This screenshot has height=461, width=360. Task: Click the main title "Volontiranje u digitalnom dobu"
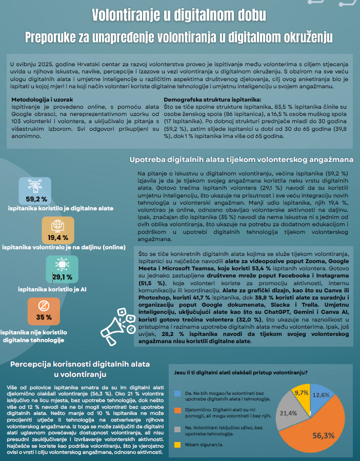pyautogui.click(x=179, y=15)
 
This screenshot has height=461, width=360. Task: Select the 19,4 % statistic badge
pyautogui.click(x=58, y=231)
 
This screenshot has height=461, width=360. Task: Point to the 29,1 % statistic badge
pyautogui.click(x=62, y=270)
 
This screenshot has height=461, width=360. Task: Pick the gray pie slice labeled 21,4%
pyautogui.click(x=290, y=410)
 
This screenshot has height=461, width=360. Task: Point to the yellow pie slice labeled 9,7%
pyautogui.click(x=302, y=395)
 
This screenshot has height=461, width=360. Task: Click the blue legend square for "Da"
pyautogui.click(x=177, y=394)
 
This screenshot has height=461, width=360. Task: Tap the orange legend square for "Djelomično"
pyautogui.click(x=177, y=410)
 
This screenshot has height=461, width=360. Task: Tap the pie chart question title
pyautogui.click(x=241, y=372)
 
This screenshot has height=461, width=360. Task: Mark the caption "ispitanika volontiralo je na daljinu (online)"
pyautogui.click(x=64, y=248)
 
